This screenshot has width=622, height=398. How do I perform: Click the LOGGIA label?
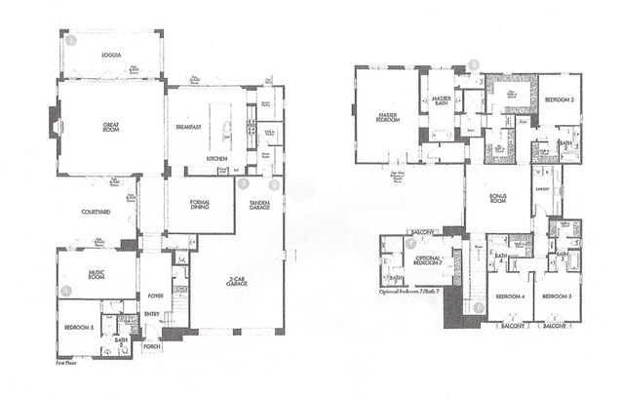(111, 56)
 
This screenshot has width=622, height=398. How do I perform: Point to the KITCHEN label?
(216, 158)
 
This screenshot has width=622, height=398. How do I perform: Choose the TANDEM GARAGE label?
(258, 205)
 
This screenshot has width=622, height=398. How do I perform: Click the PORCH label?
(151, 345)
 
